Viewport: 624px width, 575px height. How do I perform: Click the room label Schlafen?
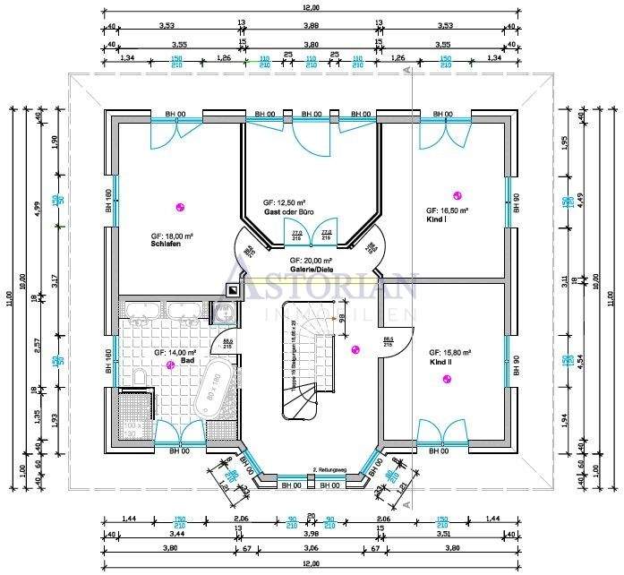coord(167,244)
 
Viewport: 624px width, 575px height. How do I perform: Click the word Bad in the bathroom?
coord(161,361)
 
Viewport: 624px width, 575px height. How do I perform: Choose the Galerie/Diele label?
coord(311,268)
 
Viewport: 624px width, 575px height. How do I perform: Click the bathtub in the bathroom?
coord(215,390)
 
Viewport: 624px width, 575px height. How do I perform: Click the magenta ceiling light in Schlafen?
coord(180,206)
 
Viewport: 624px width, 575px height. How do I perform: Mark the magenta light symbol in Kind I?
coord(458,196)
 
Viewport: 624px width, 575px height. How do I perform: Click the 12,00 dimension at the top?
coord(310,9)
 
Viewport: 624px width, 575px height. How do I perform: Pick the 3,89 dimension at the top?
coord(310,26)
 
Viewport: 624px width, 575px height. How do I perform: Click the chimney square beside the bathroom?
coord(233,290)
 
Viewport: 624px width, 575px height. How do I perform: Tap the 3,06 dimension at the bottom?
coord(310,547)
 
